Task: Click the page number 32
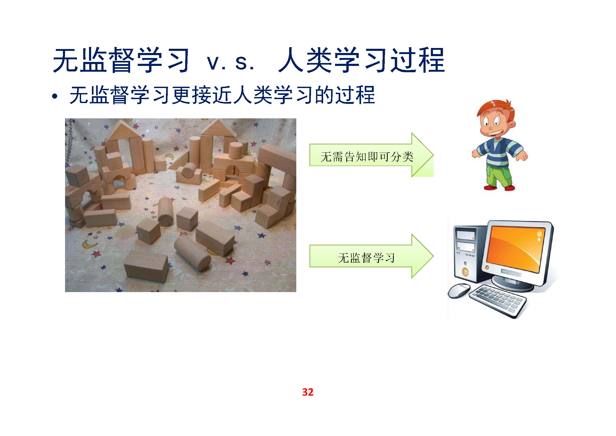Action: (x=308, y=392)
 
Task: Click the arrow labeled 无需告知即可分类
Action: (x=371, y=155)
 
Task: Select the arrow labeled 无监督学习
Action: (x=371, y=256)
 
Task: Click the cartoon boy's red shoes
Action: (x=499, y=188)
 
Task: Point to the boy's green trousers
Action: (x=499, y=176)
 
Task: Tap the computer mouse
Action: (x=459, y=291)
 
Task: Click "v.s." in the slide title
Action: (x=231, y=63)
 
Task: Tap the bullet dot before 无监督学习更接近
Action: (x=55, y=96)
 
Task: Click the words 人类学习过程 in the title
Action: (x=362, y=60)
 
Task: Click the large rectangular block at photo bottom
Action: (x=146, y=266)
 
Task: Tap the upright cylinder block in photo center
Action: (x=165, y=212)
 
